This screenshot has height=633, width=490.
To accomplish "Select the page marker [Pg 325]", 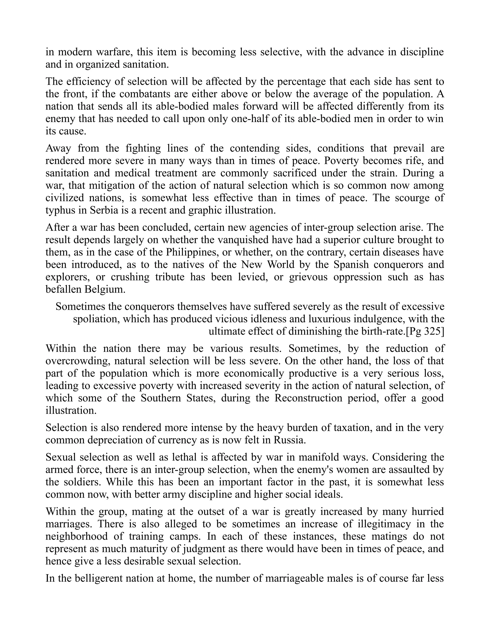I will click(x=425, y=331).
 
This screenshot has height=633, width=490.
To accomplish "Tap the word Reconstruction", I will click(x=308, y=398).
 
